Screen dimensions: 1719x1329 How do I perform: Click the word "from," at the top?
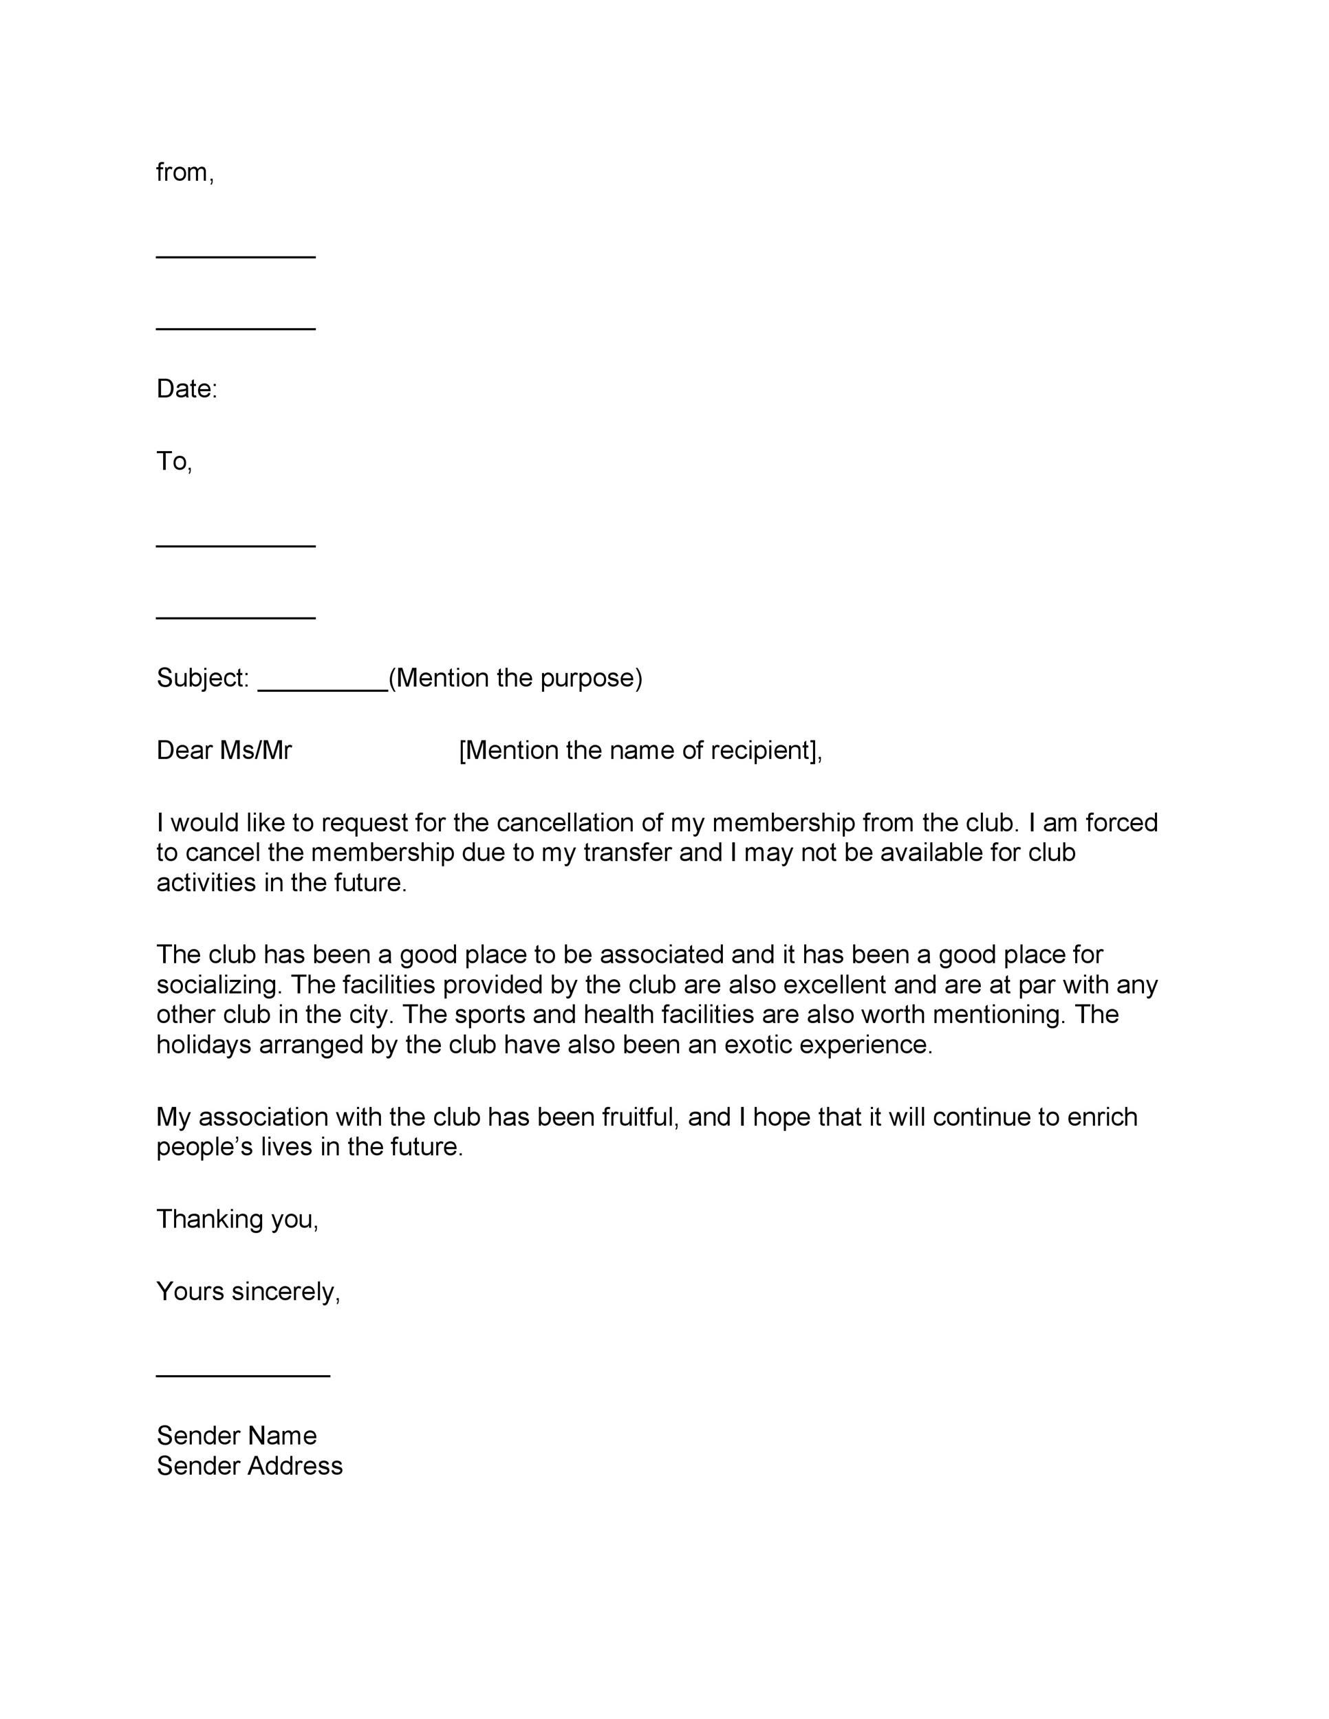coord(185,173)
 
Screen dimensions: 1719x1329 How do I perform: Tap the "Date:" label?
coord(186,388)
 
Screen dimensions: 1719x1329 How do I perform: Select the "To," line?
coord(174,461)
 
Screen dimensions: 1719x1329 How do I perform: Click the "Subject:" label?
coord(202,678)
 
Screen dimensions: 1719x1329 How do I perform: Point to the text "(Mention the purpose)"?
coord(516,678)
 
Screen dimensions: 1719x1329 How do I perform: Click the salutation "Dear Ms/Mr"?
coord(224,750)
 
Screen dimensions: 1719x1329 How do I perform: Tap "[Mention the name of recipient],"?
coord(640,750)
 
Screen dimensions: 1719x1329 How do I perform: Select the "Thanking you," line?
coord(237,1219)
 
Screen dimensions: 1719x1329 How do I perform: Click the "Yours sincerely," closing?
coord(248,1291)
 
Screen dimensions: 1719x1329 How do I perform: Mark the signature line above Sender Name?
coord(243,1375)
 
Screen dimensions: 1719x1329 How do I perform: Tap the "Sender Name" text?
coord(236,1436)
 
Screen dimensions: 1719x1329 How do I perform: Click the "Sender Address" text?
coord(250,1465)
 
